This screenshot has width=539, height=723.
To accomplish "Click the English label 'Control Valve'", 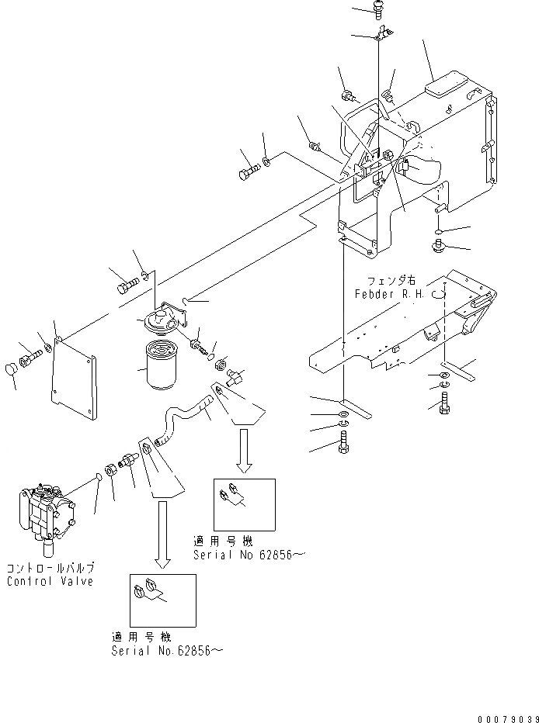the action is click(x=50, y=581).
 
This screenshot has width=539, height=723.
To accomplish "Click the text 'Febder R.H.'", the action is click(x=389, y=294).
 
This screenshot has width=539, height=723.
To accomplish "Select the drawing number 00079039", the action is click(x=508, y=718).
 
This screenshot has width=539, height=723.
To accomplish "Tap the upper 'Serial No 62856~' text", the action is click(x=249, y=555).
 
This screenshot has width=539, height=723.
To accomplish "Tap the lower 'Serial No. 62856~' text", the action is click(x=167, y=650).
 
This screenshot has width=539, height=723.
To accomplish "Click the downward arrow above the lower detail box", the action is click(x=162, y=534).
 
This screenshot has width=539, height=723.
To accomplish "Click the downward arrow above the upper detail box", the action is click(x=244, y=451).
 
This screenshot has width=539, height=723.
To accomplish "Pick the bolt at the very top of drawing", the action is click(x=377, y=9).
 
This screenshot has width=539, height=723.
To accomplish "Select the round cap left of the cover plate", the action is click(x=11, y=370).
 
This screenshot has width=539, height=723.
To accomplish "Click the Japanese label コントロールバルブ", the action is click(x=50, y=567).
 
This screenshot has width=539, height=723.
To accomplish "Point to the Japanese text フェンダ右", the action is click(x=391, y=281).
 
